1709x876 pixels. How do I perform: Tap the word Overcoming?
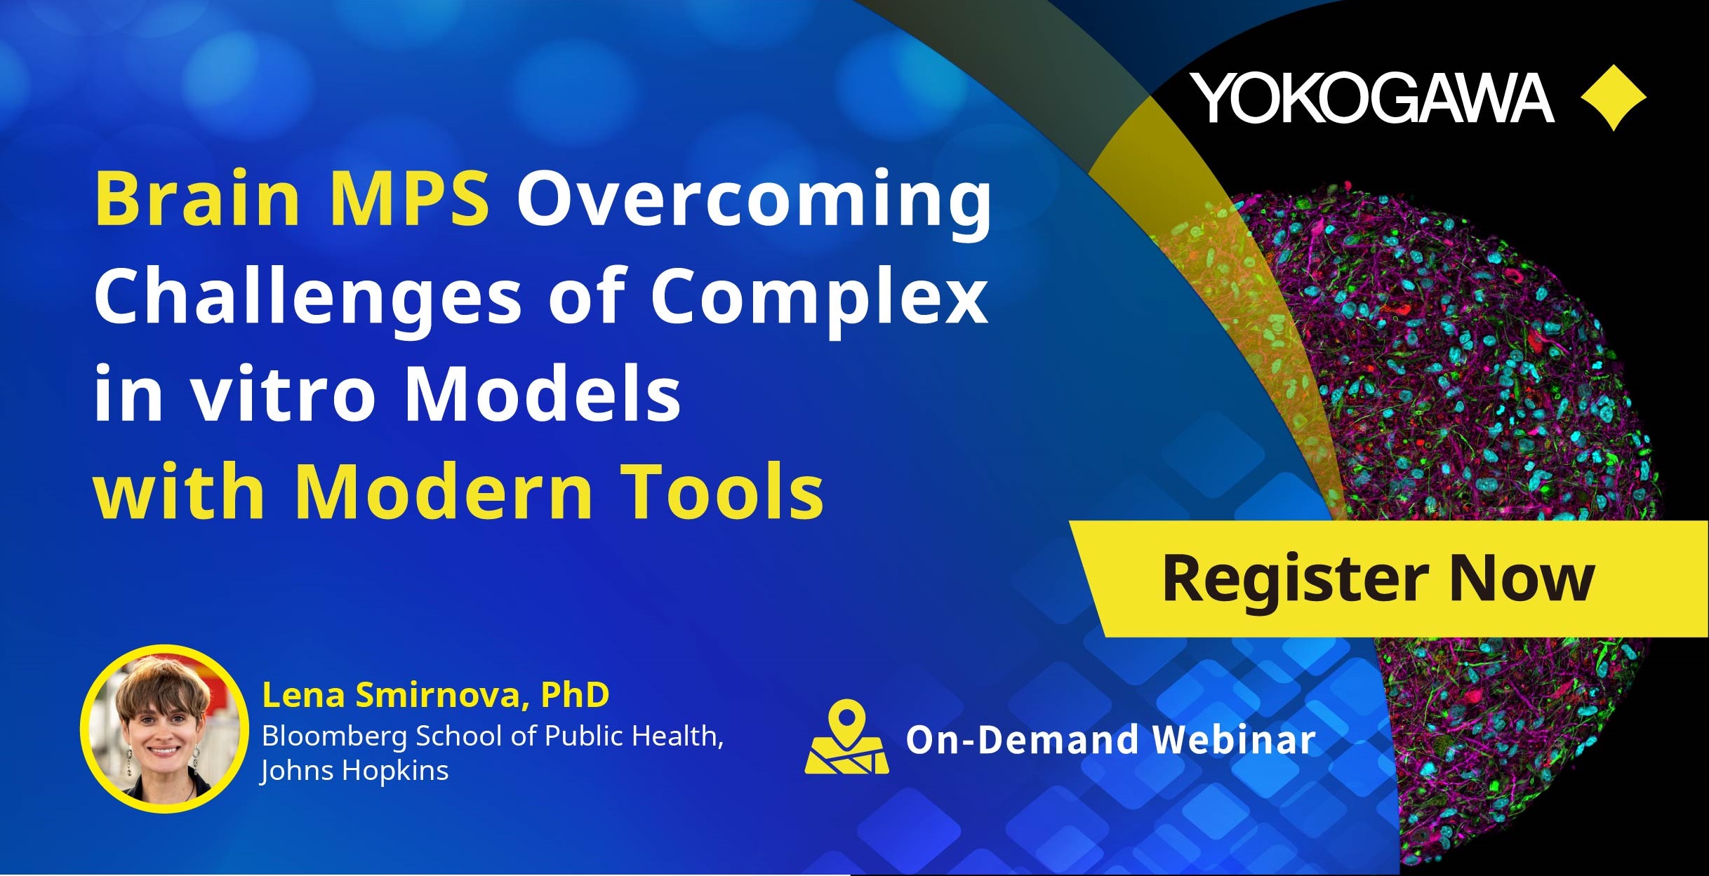[x=754, y=203]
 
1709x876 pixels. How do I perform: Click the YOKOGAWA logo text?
[x=1371, y=97]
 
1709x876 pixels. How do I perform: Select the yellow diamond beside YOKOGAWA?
[x=1614, y=97]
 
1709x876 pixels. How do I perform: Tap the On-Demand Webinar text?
[x=1110, y=739]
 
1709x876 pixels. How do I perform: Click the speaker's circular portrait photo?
[x=164, y=729]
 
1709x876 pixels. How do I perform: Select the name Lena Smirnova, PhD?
[x=435, y=695]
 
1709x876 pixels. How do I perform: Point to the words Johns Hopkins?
[x=354, y=771]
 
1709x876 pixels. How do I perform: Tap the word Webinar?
[x=1234, y=739]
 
